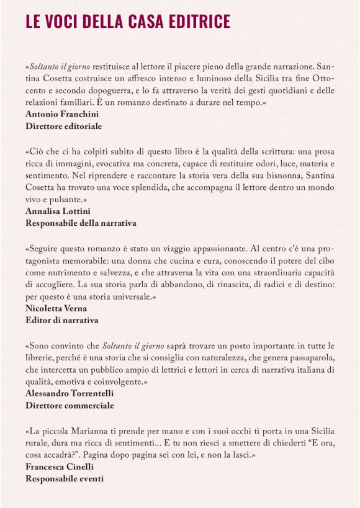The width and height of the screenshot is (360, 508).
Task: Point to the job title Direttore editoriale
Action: coord(64,126)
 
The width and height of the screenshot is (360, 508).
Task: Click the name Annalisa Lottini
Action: coord(57,211)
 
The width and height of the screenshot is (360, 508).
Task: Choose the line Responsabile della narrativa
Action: coord(81,223)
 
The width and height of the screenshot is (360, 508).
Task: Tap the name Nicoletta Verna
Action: coord(56,308)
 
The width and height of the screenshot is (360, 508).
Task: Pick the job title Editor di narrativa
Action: coord(62,320)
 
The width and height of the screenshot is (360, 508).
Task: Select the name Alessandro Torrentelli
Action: coord(70,393)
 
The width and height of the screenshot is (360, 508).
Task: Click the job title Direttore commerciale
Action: coord(70,405)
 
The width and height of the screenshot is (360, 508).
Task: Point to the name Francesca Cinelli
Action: coord(59,466)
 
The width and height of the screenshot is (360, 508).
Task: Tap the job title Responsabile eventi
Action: coord(65,478)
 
